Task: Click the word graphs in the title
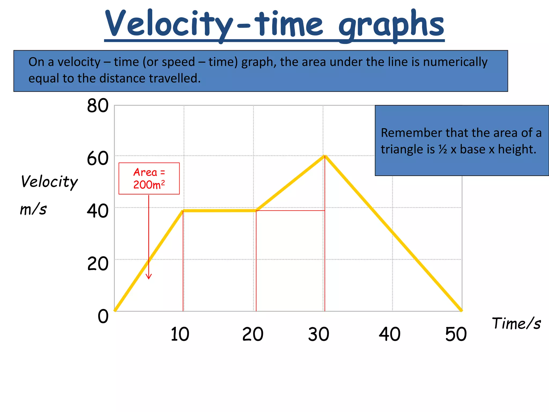pyautogui.click(x=391, y=25)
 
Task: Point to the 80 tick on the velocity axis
pyautogui.click(x=98, y=106)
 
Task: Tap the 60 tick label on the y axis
pyautogui.click(x=98, y=159)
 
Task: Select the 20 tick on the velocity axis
pyautogui.click(x=98, y=264)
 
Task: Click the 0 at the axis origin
pyautogui.click(x=103, y=316)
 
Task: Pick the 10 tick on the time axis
pyautogui.click(x=180, y=334)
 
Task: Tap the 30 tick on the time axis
pyautogui.click(x=318, y=334)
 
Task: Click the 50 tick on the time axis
pyautogui.click(x=456, y=334)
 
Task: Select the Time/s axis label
pyautogui.click(x=516, y=323)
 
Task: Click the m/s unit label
pyautogui.click(x=33, y=209)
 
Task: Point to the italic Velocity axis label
pyautogui.click(x=49, y=182)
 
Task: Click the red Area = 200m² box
pyautogui.click(x=149, y=178)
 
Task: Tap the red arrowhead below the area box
pyautogui.click(x=149, y=277)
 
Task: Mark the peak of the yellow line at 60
pyautogui.click(x=325, y=156)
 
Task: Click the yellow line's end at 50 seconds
pyautogui.click(x=461, y=310)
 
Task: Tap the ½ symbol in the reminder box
pyautogui.click(x=443, y=149)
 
